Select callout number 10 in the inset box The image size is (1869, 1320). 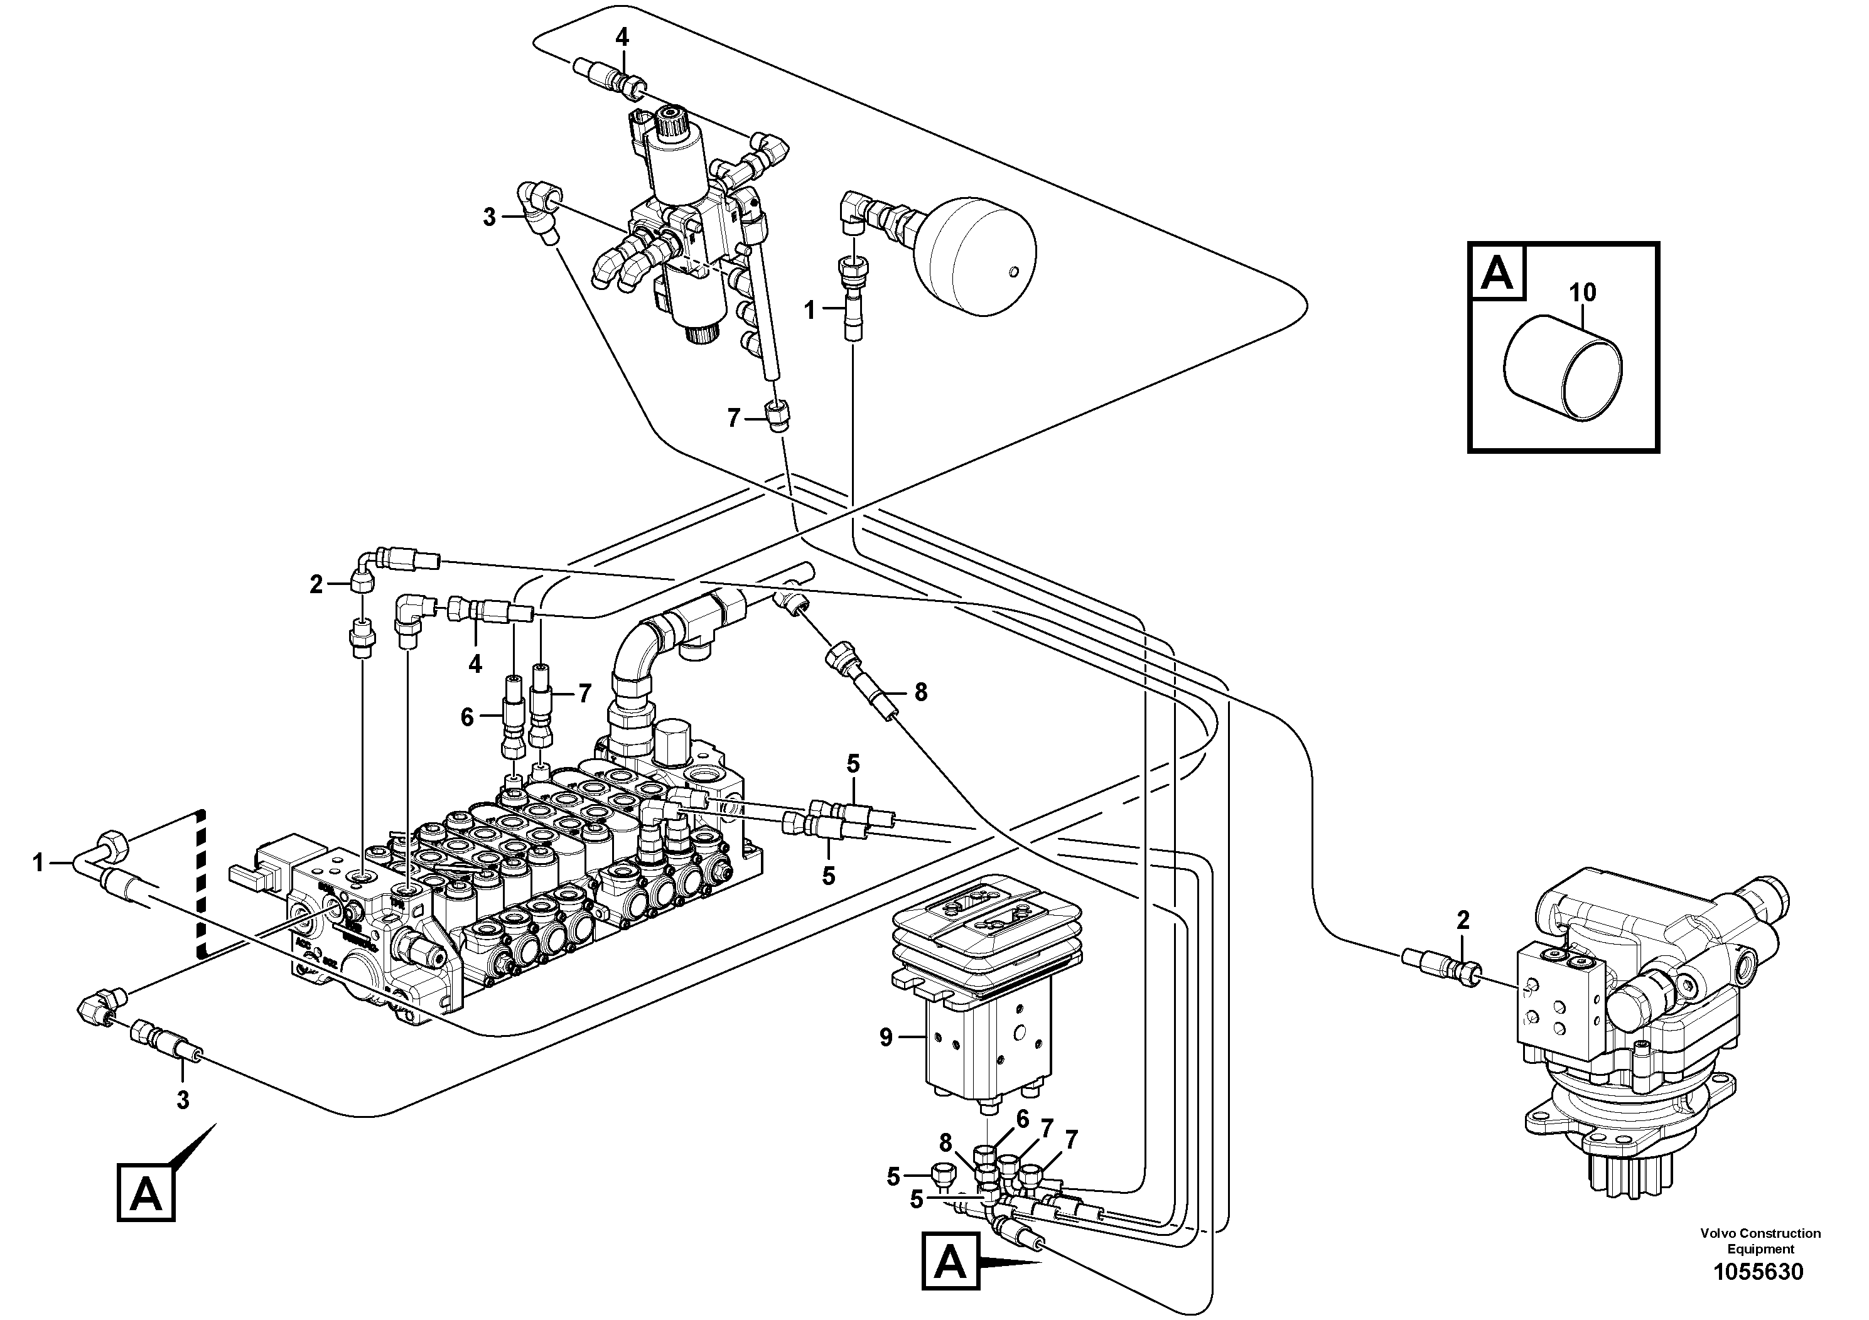tap(1581, 292)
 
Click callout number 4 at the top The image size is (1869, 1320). tap(622, 38)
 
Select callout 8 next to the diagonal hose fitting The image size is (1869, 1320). tap(920, 692)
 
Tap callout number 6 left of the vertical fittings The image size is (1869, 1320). tap(467, 717)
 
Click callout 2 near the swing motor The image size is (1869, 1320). tap(1463, 920)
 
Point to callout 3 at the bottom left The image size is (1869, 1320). tap(183, 1100)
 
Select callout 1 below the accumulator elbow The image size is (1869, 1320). tap(809, 309)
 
